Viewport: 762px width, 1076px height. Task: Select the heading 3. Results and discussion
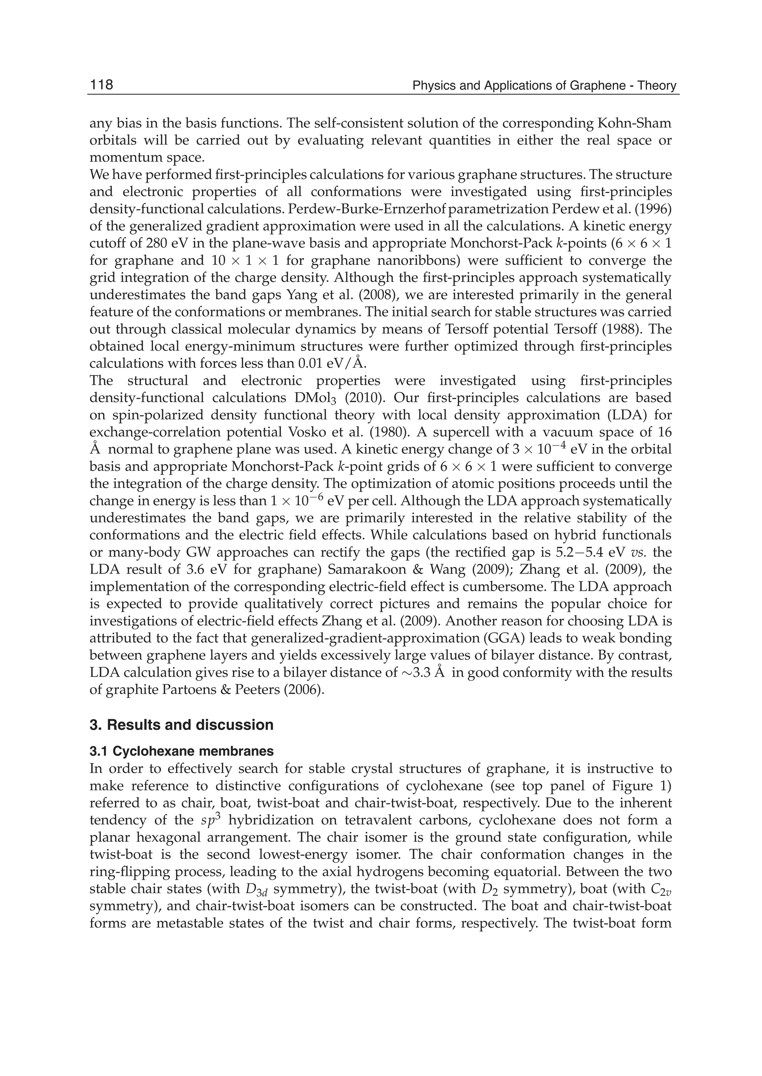pos(181,725)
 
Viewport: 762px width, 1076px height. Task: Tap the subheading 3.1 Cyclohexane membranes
pos(181,751)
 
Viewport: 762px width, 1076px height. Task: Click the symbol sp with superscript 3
pos(207,820)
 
